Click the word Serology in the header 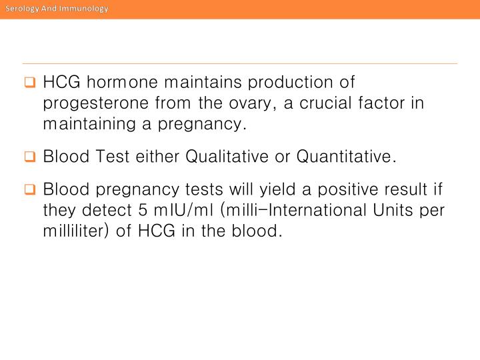pos(21,8)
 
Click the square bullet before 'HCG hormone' pos(29,83)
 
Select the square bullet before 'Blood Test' pos(29,157)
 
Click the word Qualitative pos(223,157)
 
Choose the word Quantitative pos(345,157)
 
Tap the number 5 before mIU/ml pos(143,210)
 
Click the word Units pos(393,210)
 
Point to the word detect pos(103,210)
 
